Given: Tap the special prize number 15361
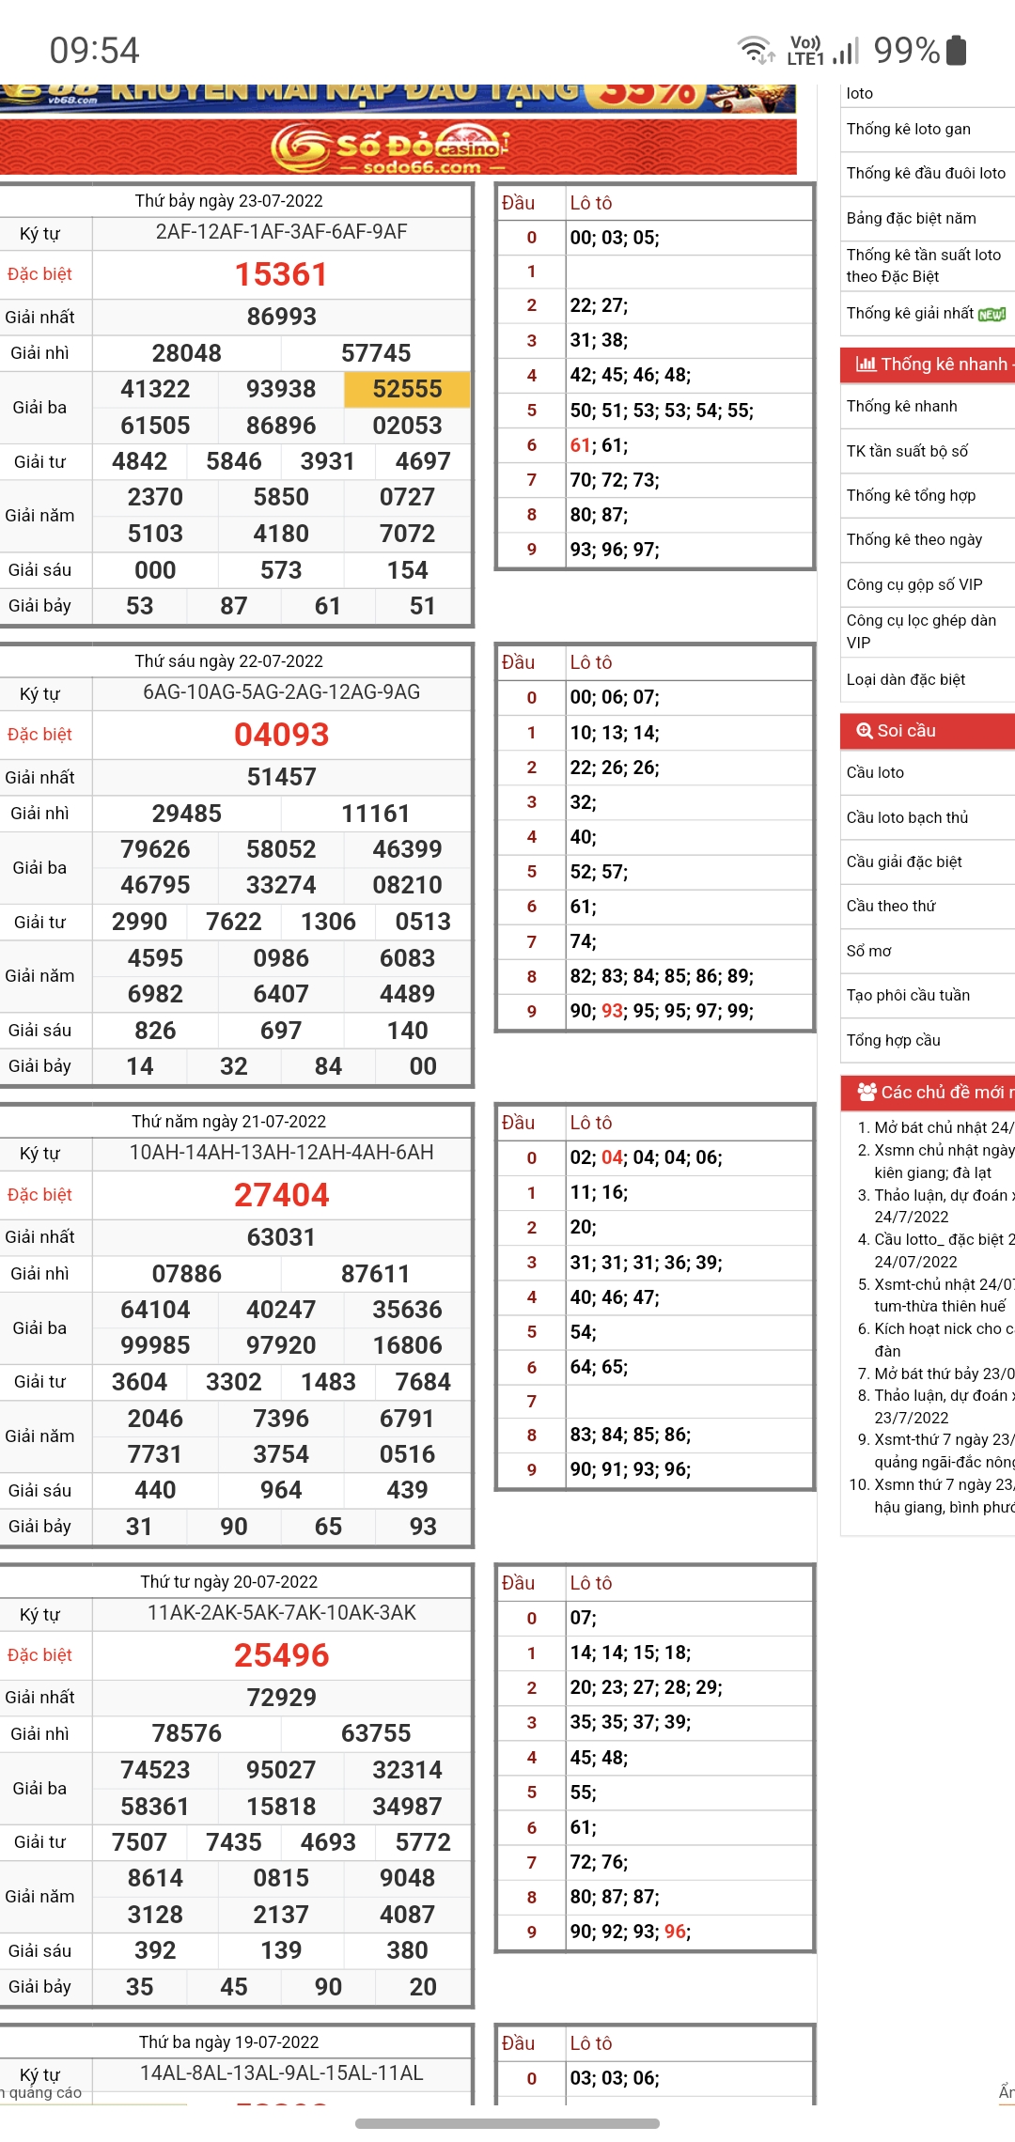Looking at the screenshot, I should tap(281, 274).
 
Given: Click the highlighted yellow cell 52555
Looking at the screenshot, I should tap(407, 389).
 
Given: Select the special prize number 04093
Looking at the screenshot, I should tap(281, 735).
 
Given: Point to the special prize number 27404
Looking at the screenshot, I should tap(281, 1195).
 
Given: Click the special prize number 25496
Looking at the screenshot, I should tap(281, 1655).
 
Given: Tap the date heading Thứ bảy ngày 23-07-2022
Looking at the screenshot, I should tap(228, 201).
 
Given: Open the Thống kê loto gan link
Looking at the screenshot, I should tap(908, 129).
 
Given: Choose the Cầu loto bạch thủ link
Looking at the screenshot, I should tap(907, 817).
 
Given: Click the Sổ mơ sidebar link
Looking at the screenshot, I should tap(868, 951).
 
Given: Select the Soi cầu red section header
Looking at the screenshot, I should tap(926, 731).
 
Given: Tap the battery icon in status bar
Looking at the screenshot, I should tap(956, 50).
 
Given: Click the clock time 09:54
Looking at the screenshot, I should tap(94, 51).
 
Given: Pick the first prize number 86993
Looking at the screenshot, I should tap(281, 317).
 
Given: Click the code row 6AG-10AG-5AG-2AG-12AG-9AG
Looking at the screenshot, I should tap(281, 692).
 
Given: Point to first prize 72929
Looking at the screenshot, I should tap(281, 1698).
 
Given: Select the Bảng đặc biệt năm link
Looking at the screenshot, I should tap(911, 218).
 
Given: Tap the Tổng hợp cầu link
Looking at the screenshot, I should tap(893, 1040).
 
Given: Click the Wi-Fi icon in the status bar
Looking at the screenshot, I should tap(756, 50).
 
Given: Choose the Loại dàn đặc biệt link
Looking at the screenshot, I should tap(905, 679).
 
